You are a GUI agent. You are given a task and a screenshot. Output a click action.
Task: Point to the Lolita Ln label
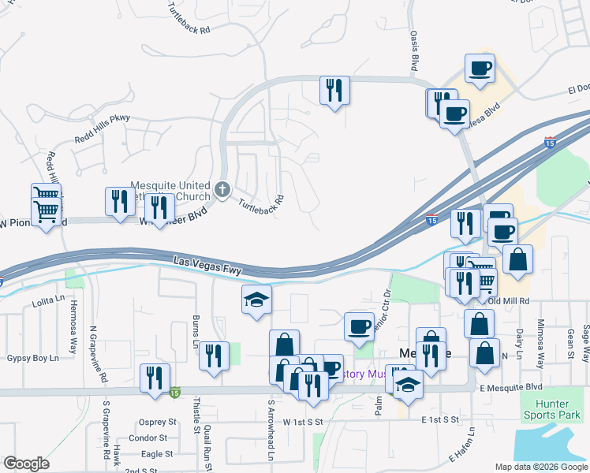click(x=48, y=300)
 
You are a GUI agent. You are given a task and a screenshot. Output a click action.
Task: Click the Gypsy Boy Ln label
click(x=33, y=358)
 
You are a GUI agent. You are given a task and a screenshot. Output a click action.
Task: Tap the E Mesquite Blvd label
click(x=510, y=387)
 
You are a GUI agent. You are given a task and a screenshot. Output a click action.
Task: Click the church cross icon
click(x=223, y=190)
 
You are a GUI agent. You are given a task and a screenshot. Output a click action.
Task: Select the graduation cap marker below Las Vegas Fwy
click(x=256, y=299)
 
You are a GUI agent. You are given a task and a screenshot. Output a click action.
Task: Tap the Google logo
click(x=26, y=464)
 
